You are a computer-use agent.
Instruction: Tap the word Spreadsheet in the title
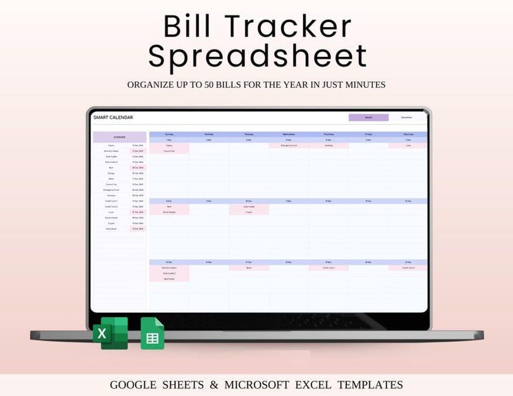(258, 56)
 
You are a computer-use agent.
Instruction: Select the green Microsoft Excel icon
(110, 333)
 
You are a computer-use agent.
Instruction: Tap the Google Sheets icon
(152, 334)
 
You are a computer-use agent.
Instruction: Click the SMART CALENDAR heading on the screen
(113, 117)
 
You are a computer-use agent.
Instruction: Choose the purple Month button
(368, 117)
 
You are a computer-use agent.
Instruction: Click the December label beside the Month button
(407, 117)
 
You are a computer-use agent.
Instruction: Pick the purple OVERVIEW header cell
(119, 137)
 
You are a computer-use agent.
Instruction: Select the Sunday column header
(169, 134)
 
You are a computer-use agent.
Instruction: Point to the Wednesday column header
(288, 134)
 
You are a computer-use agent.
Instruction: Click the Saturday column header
(408, 134)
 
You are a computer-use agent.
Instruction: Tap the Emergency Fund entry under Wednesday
(288, 146)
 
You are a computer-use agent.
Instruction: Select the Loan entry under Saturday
(408, 146)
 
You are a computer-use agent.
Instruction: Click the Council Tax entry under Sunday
(169, 151)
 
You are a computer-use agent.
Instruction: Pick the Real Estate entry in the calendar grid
(169, 279)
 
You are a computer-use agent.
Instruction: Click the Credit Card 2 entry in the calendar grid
(408, 268)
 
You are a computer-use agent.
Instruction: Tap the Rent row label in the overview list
(111, 168)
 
